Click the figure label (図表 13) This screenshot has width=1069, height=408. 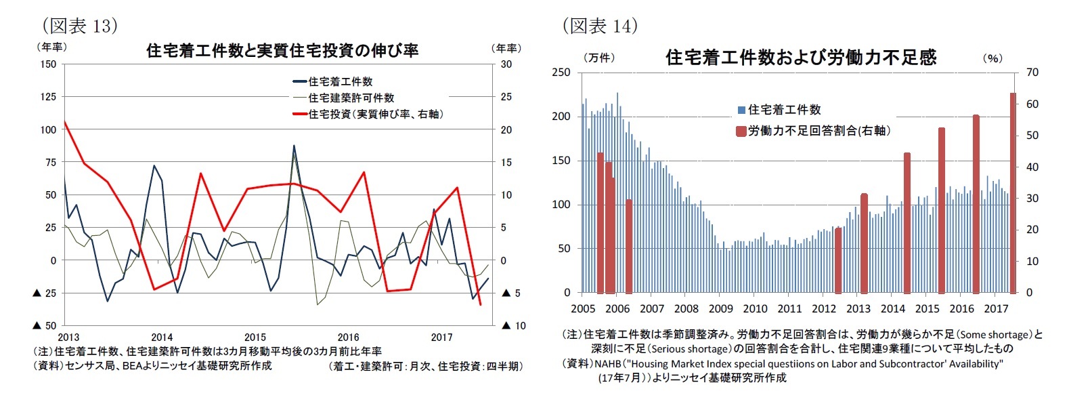80,26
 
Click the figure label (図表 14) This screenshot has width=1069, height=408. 600,26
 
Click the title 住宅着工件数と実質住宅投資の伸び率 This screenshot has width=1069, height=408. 282,50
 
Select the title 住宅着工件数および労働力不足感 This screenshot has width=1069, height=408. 801,58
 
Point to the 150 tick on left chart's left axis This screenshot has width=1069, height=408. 48,64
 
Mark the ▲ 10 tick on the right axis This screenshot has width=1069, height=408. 513,326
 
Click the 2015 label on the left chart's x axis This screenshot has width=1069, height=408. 255,338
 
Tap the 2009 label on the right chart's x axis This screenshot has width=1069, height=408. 720,309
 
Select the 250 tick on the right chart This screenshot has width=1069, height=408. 562,73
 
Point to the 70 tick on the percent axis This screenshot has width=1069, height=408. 1032,73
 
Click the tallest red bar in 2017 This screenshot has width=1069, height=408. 1013,193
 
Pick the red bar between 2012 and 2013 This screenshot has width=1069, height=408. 838,260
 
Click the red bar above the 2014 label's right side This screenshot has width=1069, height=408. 907,223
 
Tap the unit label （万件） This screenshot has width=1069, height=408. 599,58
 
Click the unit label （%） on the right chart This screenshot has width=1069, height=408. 992,58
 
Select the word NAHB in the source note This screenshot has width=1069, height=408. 609,364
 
